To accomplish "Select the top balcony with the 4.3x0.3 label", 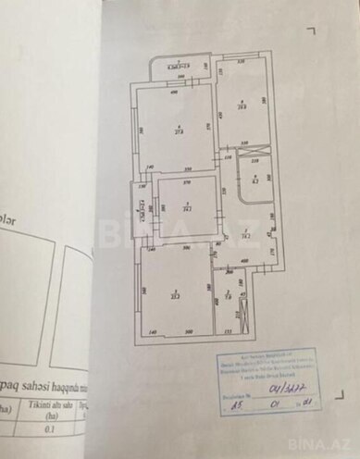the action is tap(173, 67).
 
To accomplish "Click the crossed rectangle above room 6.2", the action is tap(249, 154).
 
